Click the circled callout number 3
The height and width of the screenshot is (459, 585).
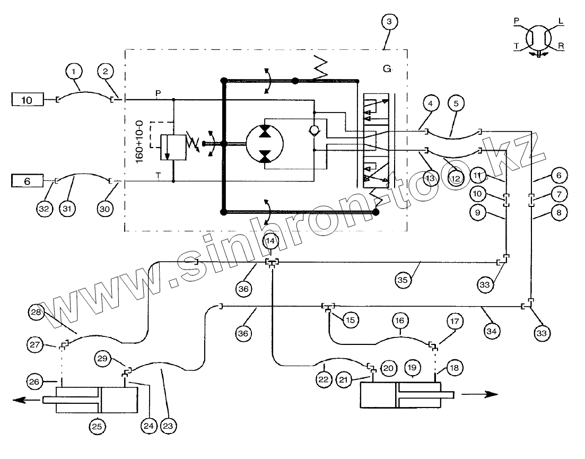pos(389,22)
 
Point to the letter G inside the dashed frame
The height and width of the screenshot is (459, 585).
pos(387,69)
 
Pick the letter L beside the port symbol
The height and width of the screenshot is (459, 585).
pos(561,22)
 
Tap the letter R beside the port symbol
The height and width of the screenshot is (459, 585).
pos(561,46)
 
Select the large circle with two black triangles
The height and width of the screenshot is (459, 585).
pos(265,143)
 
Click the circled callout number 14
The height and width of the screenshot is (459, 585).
pos(271,240)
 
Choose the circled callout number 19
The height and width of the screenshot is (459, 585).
pos(412,367)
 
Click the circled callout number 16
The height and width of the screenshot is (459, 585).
pos(399,321)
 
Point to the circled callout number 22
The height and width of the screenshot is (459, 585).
pos(324,380)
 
